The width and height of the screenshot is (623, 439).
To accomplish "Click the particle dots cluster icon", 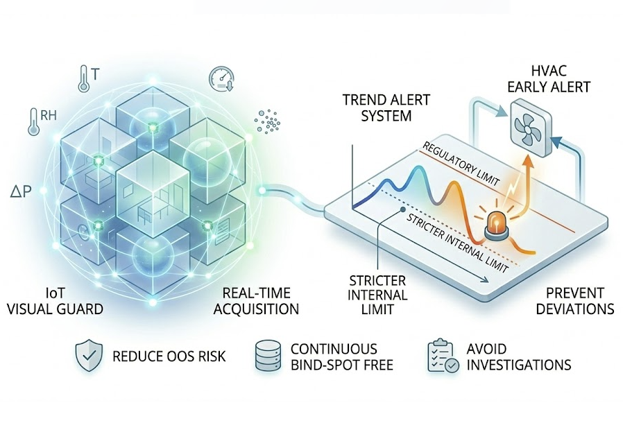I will (268, 122).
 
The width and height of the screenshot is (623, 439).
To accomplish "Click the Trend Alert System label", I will (377, 107).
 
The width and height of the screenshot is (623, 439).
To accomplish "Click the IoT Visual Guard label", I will (55, 301).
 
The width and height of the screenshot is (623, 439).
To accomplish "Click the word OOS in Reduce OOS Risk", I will (171, 357).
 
